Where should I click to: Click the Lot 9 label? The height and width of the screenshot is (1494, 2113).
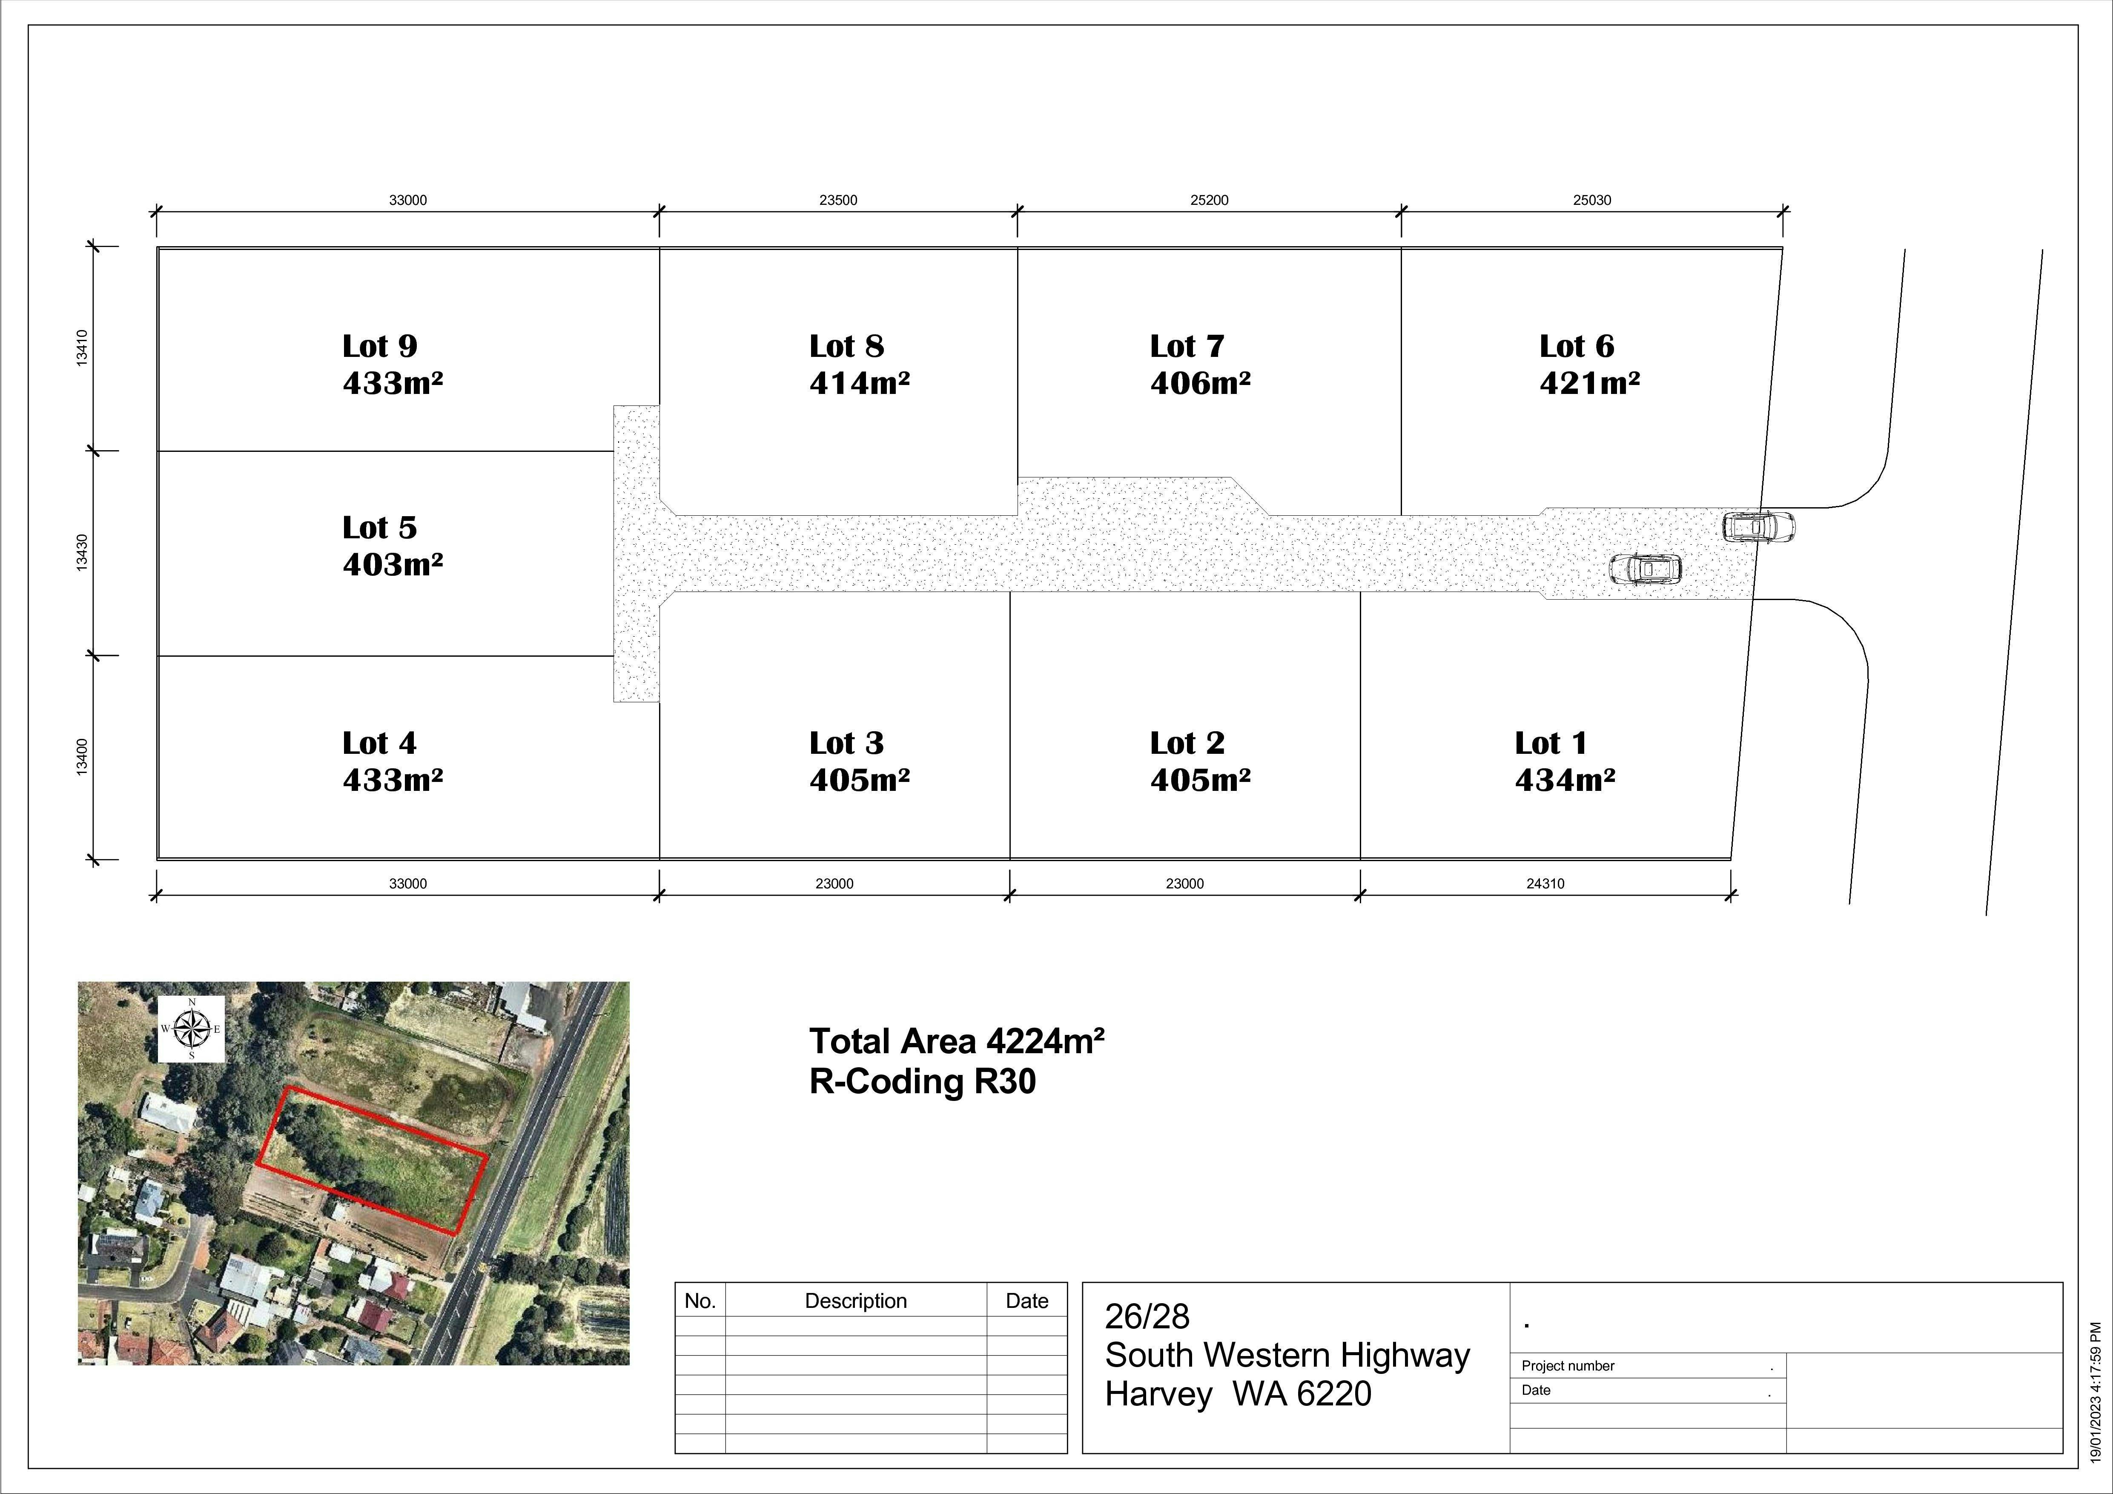[379, 346]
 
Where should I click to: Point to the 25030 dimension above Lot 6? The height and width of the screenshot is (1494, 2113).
[1591, 200]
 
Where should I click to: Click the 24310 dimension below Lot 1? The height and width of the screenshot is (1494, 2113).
[1545, 884]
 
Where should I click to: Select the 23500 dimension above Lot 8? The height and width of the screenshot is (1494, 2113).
[837, 200]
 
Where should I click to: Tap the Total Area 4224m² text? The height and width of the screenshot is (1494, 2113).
[956, 1041]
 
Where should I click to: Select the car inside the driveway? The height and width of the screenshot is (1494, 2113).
[1646, 569]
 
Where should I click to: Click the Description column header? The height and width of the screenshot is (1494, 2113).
[856, 1301]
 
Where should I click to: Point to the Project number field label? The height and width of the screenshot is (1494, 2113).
[1567, 1366]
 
